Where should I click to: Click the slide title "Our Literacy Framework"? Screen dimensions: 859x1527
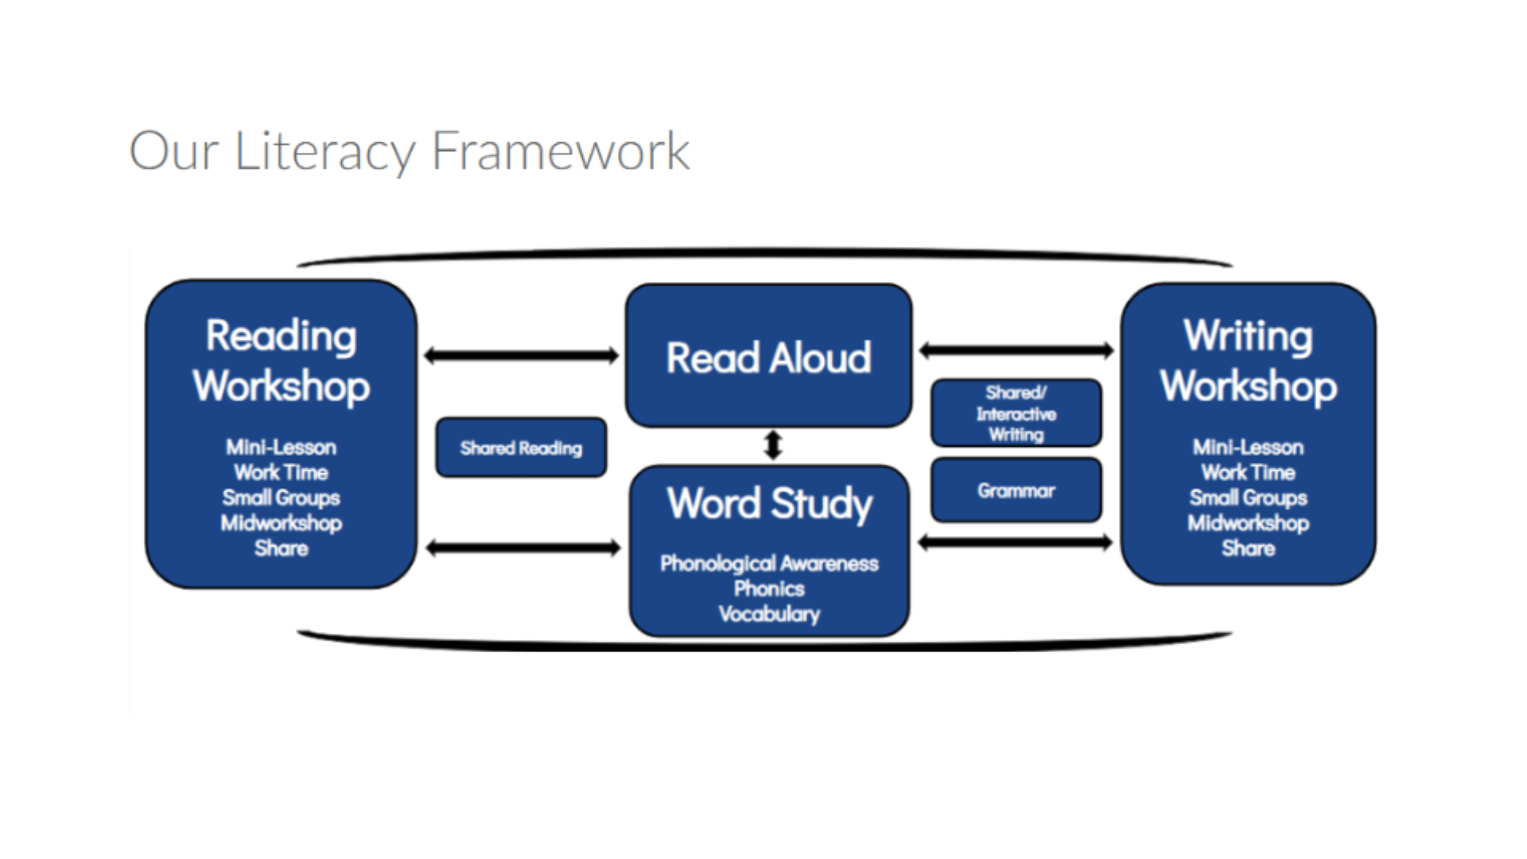[x=409, y=151]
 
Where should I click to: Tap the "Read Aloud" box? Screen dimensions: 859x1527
[x=768, y=357]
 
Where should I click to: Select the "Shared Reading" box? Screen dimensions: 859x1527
[x=521, y=448]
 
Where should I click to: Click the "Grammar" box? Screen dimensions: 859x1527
[x=1016, y=491]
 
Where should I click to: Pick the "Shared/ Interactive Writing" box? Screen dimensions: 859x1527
[x=1016, y=413]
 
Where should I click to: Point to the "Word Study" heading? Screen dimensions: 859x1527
[x=769, y=503]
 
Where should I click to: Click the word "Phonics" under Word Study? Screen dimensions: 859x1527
[x=769, y=589]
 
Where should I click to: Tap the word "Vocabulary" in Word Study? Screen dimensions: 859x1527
[x=769, y=614]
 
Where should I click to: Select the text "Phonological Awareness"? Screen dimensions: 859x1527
[x=769, y=563]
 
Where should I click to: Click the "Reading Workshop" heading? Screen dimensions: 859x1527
[x=281, y=360]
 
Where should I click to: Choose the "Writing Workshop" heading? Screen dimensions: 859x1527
[x=1248, y=360]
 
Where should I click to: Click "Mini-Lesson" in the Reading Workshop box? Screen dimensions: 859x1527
[x=281, y=447]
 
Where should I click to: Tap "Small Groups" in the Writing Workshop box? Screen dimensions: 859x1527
[x=1248, y=498]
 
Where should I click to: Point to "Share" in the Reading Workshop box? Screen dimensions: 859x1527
[x=281, y=548]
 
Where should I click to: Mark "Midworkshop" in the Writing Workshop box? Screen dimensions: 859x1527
[x=1248, y=523]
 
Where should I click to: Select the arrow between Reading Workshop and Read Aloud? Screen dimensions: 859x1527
[x=521, y=356]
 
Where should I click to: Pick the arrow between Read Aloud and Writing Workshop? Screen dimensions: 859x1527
[x=1016, y=350]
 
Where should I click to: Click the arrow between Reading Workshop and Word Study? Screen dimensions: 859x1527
[x=523, y=547]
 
